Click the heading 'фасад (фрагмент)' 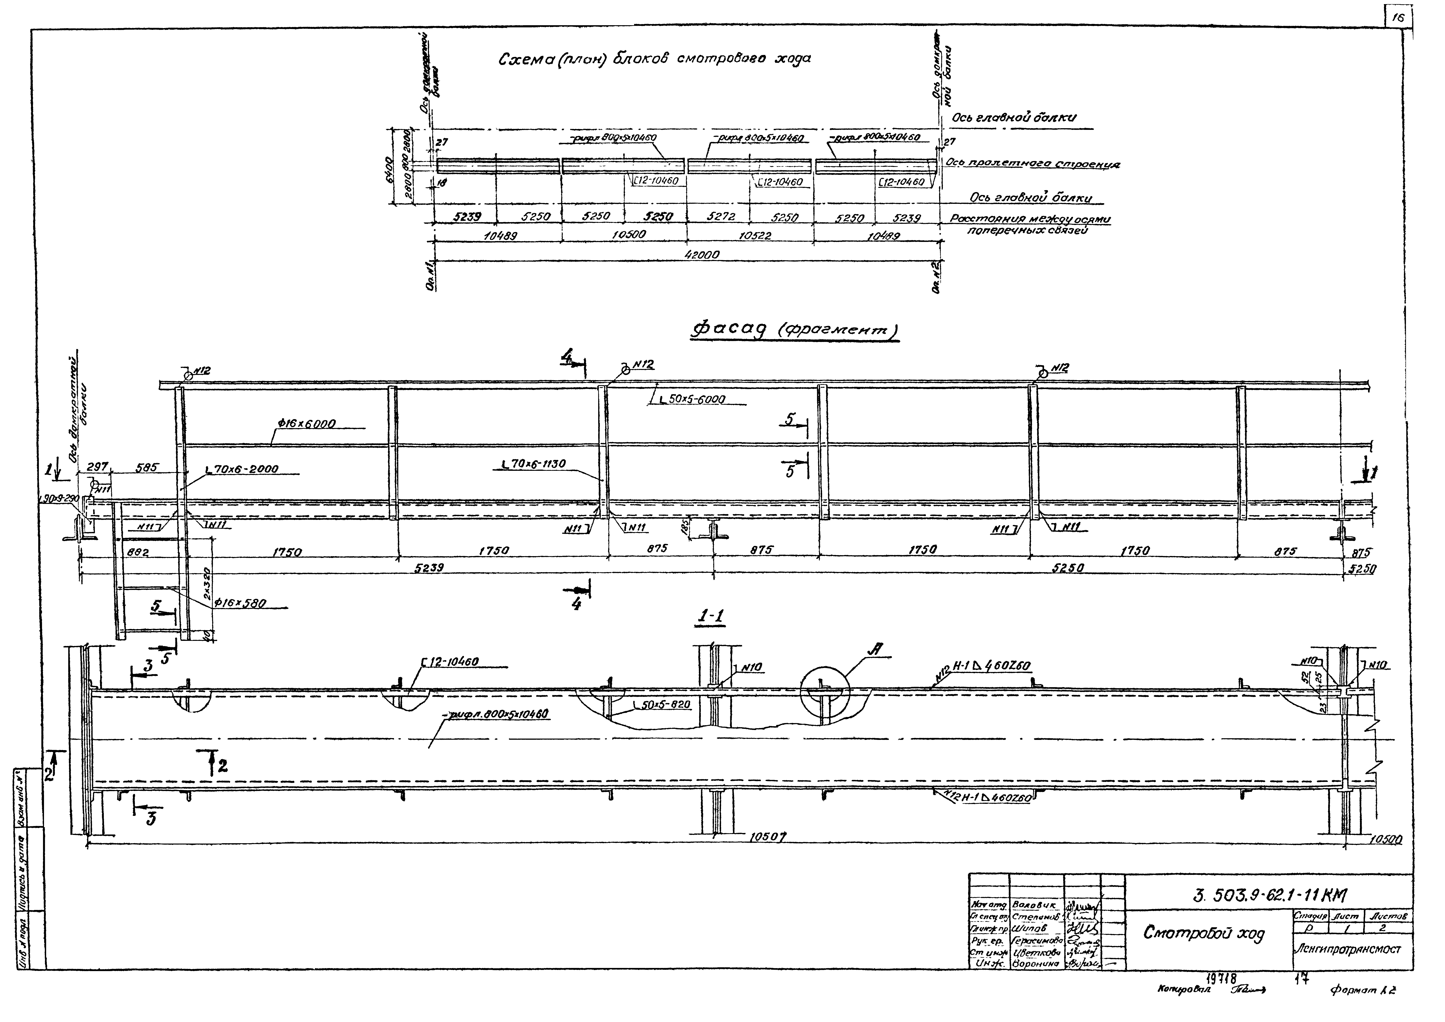[x=796, y=330]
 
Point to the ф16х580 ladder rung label [x=240, y=603]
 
